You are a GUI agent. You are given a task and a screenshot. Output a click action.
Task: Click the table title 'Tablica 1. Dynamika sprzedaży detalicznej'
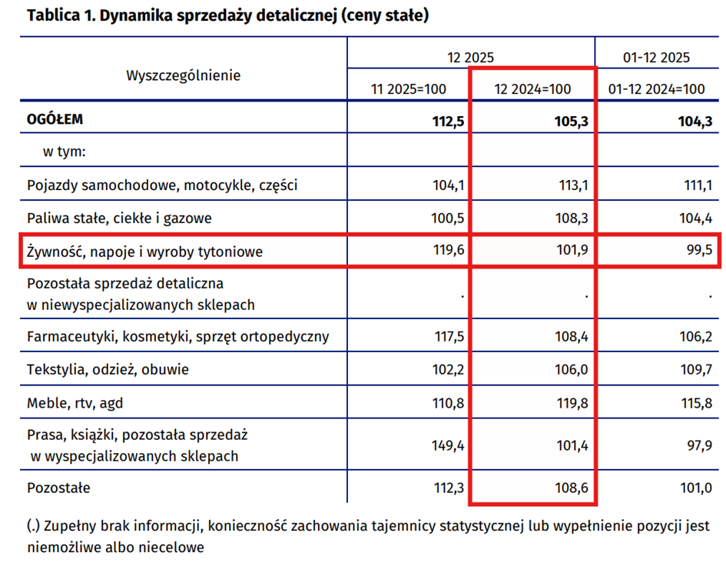(x=227, y=15)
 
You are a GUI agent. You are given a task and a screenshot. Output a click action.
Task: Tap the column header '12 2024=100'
(x=532, y=89)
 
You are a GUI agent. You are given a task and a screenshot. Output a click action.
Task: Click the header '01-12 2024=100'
(x=657, y=89)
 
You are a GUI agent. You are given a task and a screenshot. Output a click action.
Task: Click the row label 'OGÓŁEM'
(x=55, y=120)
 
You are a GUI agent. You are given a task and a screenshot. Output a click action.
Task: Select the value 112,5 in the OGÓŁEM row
(x=448, y=121)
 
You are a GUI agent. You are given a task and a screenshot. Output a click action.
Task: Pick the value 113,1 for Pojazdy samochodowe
(x=572, y=185)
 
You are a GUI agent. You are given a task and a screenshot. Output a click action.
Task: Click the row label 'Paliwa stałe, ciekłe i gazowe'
(x=119, y=218)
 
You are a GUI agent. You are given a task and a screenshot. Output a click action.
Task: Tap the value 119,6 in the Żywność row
(x=448, y=250)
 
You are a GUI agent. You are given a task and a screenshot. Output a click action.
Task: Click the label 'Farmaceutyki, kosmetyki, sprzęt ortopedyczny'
(x=178, y=336)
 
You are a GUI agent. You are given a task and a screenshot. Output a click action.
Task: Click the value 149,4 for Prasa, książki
(x=448, y=445)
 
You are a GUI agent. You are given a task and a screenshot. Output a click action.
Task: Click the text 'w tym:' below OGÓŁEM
(x=64, y=152)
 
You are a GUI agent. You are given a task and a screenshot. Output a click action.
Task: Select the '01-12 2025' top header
(x=656, y=57)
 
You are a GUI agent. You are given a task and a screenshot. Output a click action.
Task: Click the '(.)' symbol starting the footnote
(x=34, y=527)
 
